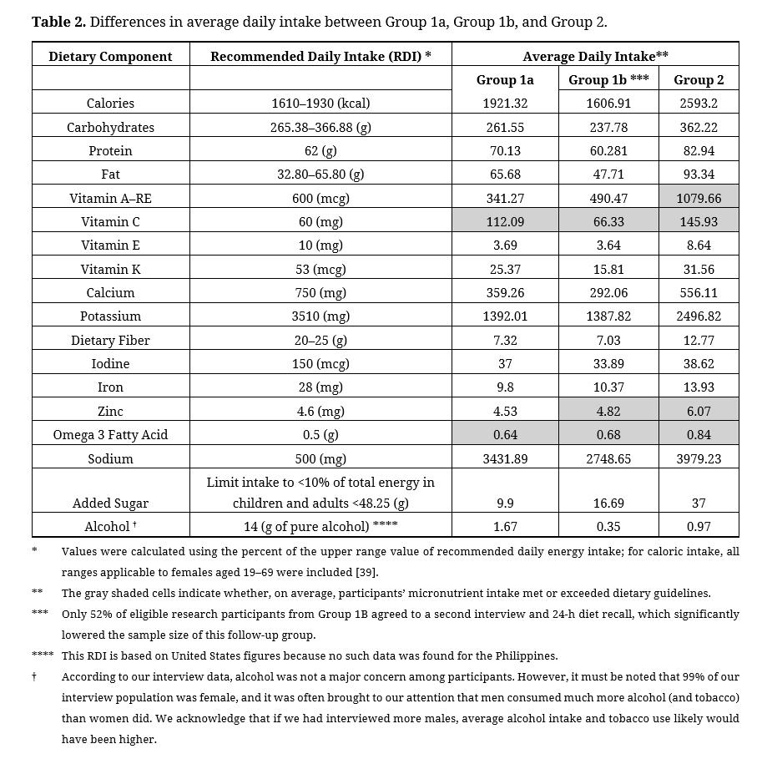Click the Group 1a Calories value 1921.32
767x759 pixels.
tap(505, 104)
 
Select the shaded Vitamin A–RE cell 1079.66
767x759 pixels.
tap(699, 199)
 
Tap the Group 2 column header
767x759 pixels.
tap(699, 80)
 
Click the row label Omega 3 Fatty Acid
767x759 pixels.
tap(110, 435)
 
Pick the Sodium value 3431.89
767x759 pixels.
tap(505, 458)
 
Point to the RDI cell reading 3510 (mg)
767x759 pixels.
tap(320, 316)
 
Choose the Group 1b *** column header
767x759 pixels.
tap(608, 80)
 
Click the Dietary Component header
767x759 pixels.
tap(110, 57)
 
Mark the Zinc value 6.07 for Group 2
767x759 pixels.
tap(699, 412)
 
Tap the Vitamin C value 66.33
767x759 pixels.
tap(608, 222)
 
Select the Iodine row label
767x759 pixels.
tap(110, 364)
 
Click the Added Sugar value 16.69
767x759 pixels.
tap(608, 503)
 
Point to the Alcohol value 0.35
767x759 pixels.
tap(608, 527)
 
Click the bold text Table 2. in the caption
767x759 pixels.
tap(58, 22)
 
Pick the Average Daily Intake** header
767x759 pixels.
tap(595, 57)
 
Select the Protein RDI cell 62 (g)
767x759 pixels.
tap(320, 151)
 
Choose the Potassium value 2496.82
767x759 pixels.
tap(699, 316)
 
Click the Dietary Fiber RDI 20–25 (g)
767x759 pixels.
tap(320, 341)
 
